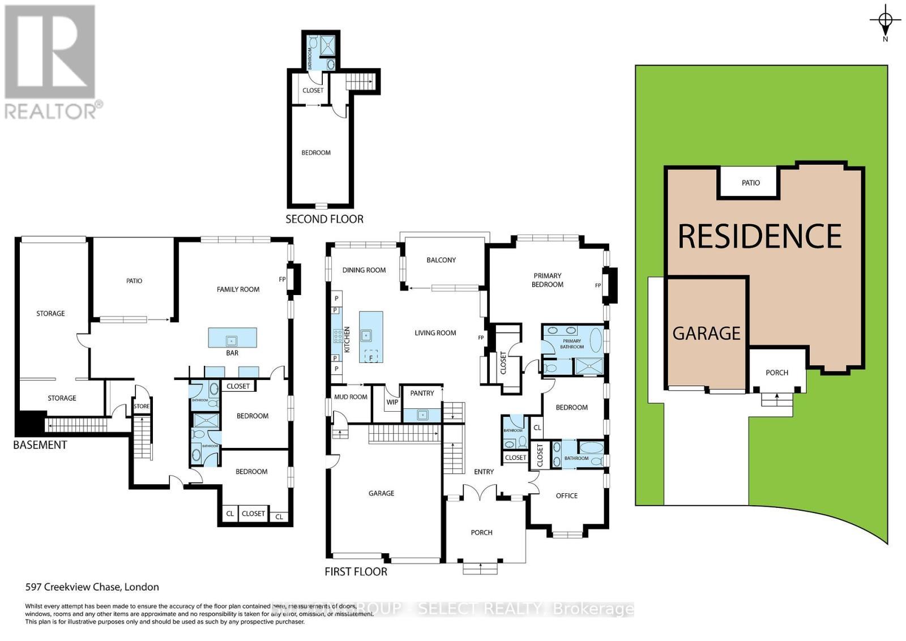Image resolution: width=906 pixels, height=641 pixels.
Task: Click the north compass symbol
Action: [885, 21]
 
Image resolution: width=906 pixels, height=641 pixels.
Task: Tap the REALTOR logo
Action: [52, 62]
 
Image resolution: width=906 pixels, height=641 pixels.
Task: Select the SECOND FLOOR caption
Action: [324, 219]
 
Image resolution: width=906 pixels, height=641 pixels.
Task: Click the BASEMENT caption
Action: [40, 445]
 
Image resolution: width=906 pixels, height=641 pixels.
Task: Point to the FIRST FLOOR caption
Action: [356, 572]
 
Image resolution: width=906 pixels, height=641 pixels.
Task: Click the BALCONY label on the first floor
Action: [441, 260]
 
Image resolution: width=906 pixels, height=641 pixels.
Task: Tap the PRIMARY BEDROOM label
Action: [548, 280]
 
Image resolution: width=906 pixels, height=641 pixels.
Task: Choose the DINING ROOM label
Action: [364, 270]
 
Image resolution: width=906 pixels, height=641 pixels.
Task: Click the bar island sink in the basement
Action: [232, 340]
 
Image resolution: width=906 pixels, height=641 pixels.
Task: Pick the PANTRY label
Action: [422, 393]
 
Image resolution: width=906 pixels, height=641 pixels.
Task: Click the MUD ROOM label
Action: [351, 397]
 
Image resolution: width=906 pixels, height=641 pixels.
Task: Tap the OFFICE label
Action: [566, 495]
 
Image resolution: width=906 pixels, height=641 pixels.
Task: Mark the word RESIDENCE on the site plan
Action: [759, 237]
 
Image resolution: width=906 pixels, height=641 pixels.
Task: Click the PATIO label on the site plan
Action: [750, 183]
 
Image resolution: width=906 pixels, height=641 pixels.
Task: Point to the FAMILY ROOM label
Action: [238, 289]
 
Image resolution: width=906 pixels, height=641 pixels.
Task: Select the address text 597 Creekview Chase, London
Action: [92, 587]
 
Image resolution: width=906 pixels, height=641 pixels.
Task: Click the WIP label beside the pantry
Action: [392, 402]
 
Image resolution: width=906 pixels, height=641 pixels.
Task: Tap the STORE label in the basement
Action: [142, 406]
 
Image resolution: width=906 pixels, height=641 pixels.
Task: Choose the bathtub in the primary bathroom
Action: [596, 340]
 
